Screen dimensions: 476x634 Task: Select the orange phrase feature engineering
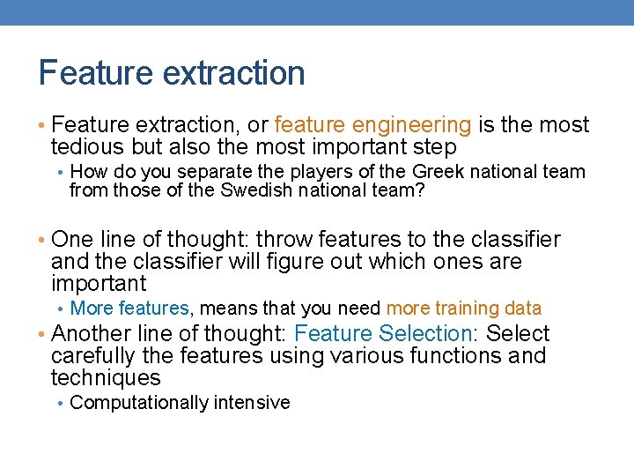coord(373,125)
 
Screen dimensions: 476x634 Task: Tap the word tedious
coord(88,147)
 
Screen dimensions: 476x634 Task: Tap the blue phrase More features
coord(129,309)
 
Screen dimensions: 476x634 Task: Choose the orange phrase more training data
coord(464,309)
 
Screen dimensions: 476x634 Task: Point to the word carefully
coord(95,356)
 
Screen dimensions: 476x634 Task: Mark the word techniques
coord(106,378)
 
